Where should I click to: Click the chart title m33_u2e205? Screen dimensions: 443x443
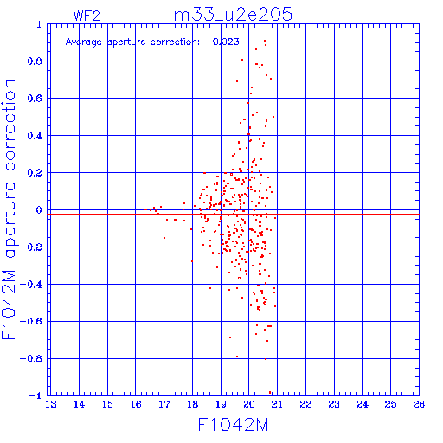tap(233, 15)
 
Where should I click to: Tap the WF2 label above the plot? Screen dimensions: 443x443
tap(87, 16)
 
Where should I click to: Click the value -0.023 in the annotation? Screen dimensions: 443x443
tap(222, 42)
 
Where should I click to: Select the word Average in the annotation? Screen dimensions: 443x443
tap(84, 42)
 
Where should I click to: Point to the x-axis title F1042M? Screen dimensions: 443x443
tap(233, 425)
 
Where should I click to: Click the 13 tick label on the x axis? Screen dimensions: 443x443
tap(51, 404)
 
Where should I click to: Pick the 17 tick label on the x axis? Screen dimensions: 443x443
tap(164, 404)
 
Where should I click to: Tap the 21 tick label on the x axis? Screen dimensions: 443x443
tap(277, 404)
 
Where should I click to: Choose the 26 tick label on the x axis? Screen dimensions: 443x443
tap(419, 404)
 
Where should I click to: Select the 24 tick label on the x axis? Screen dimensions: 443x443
tap(363, 404)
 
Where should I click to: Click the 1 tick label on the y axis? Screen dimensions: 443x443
tap(39, 25)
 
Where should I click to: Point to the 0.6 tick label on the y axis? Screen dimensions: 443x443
tap(35, 99)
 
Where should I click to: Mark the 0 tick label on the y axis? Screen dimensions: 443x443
tap(39, 210)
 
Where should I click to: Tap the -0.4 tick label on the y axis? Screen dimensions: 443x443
tap(31, 285)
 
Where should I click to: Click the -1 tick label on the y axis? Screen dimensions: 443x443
tap(35, 395)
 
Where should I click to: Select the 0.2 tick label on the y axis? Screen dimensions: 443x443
tap(35, 173)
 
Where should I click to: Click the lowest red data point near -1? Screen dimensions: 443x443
tap(270, 392)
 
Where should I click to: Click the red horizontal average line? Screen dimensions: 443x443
tap(233, 214)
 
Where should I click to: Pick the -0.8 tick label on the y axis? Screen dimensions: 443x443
tap(31, 359)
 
